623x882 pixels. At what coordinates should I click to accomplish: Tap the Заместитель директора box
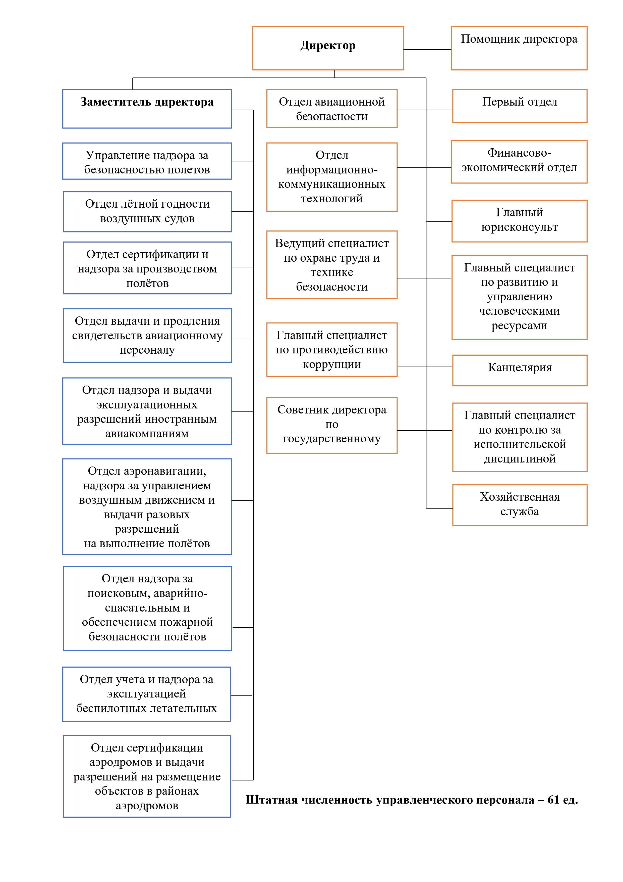pos(147,109)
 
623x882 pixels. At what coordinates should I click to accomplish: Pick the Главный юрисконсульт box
pos(519,221)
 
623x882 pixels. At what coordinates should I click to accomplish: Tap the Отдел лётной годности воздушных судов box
pos(147,211)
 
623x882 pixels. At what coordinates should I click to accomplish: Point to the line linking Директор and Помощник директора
pos(427,49)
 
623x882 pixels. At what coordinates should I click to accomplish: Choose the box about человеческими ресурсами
pos(519,297)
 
